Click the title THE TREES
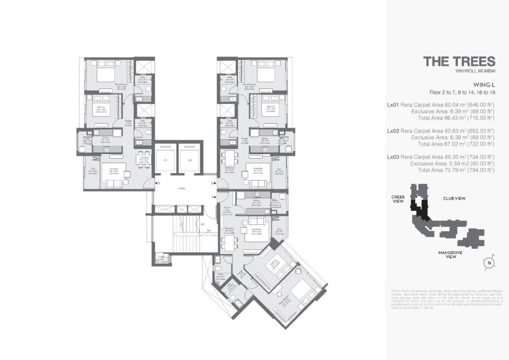pyautogui.click(x=459, y=61)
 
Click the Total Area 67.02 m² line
pyautogui.click(x=456, y=144)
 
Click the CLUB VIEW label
pyautogui.click(x=454, y=198)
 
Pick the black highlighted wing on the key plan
pyautogui.click(x=422, y=211)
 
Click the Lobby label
pyautogui.click(x=182, y=189)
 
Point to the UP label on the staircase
pyautogui.click(x=202, y=224)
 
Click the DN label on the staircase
pyautogui.click(x=209, y=230)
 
